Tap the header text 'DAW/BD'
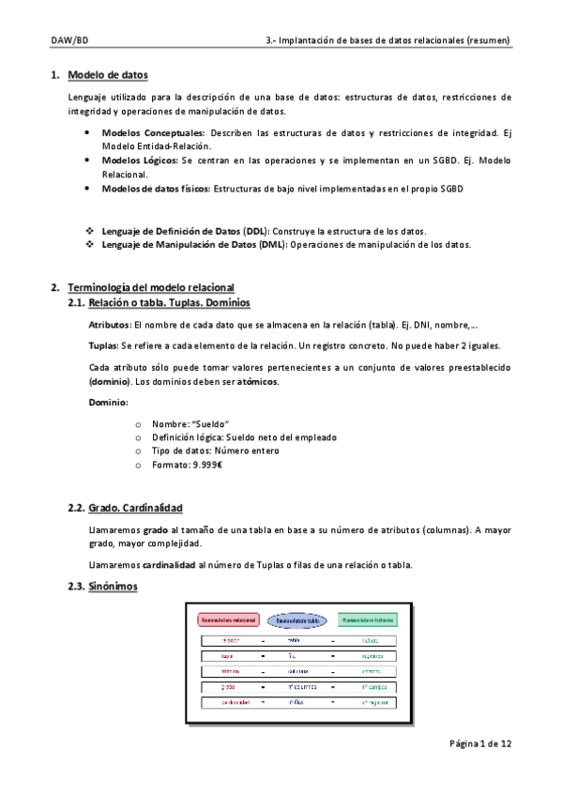69,41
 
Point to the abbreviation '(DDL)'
253,231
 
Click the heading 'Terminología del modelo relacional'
151,287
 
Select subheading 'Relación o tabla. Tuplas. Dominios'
169,302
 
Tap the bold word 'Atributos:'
110,325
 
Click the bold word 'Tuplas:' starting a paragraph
103,345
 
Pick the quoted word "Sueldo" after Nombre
212,424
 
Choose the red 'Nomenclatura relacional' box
228,620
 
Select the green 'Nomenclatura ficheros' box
367,620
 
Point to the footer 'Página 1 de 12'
479,743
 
